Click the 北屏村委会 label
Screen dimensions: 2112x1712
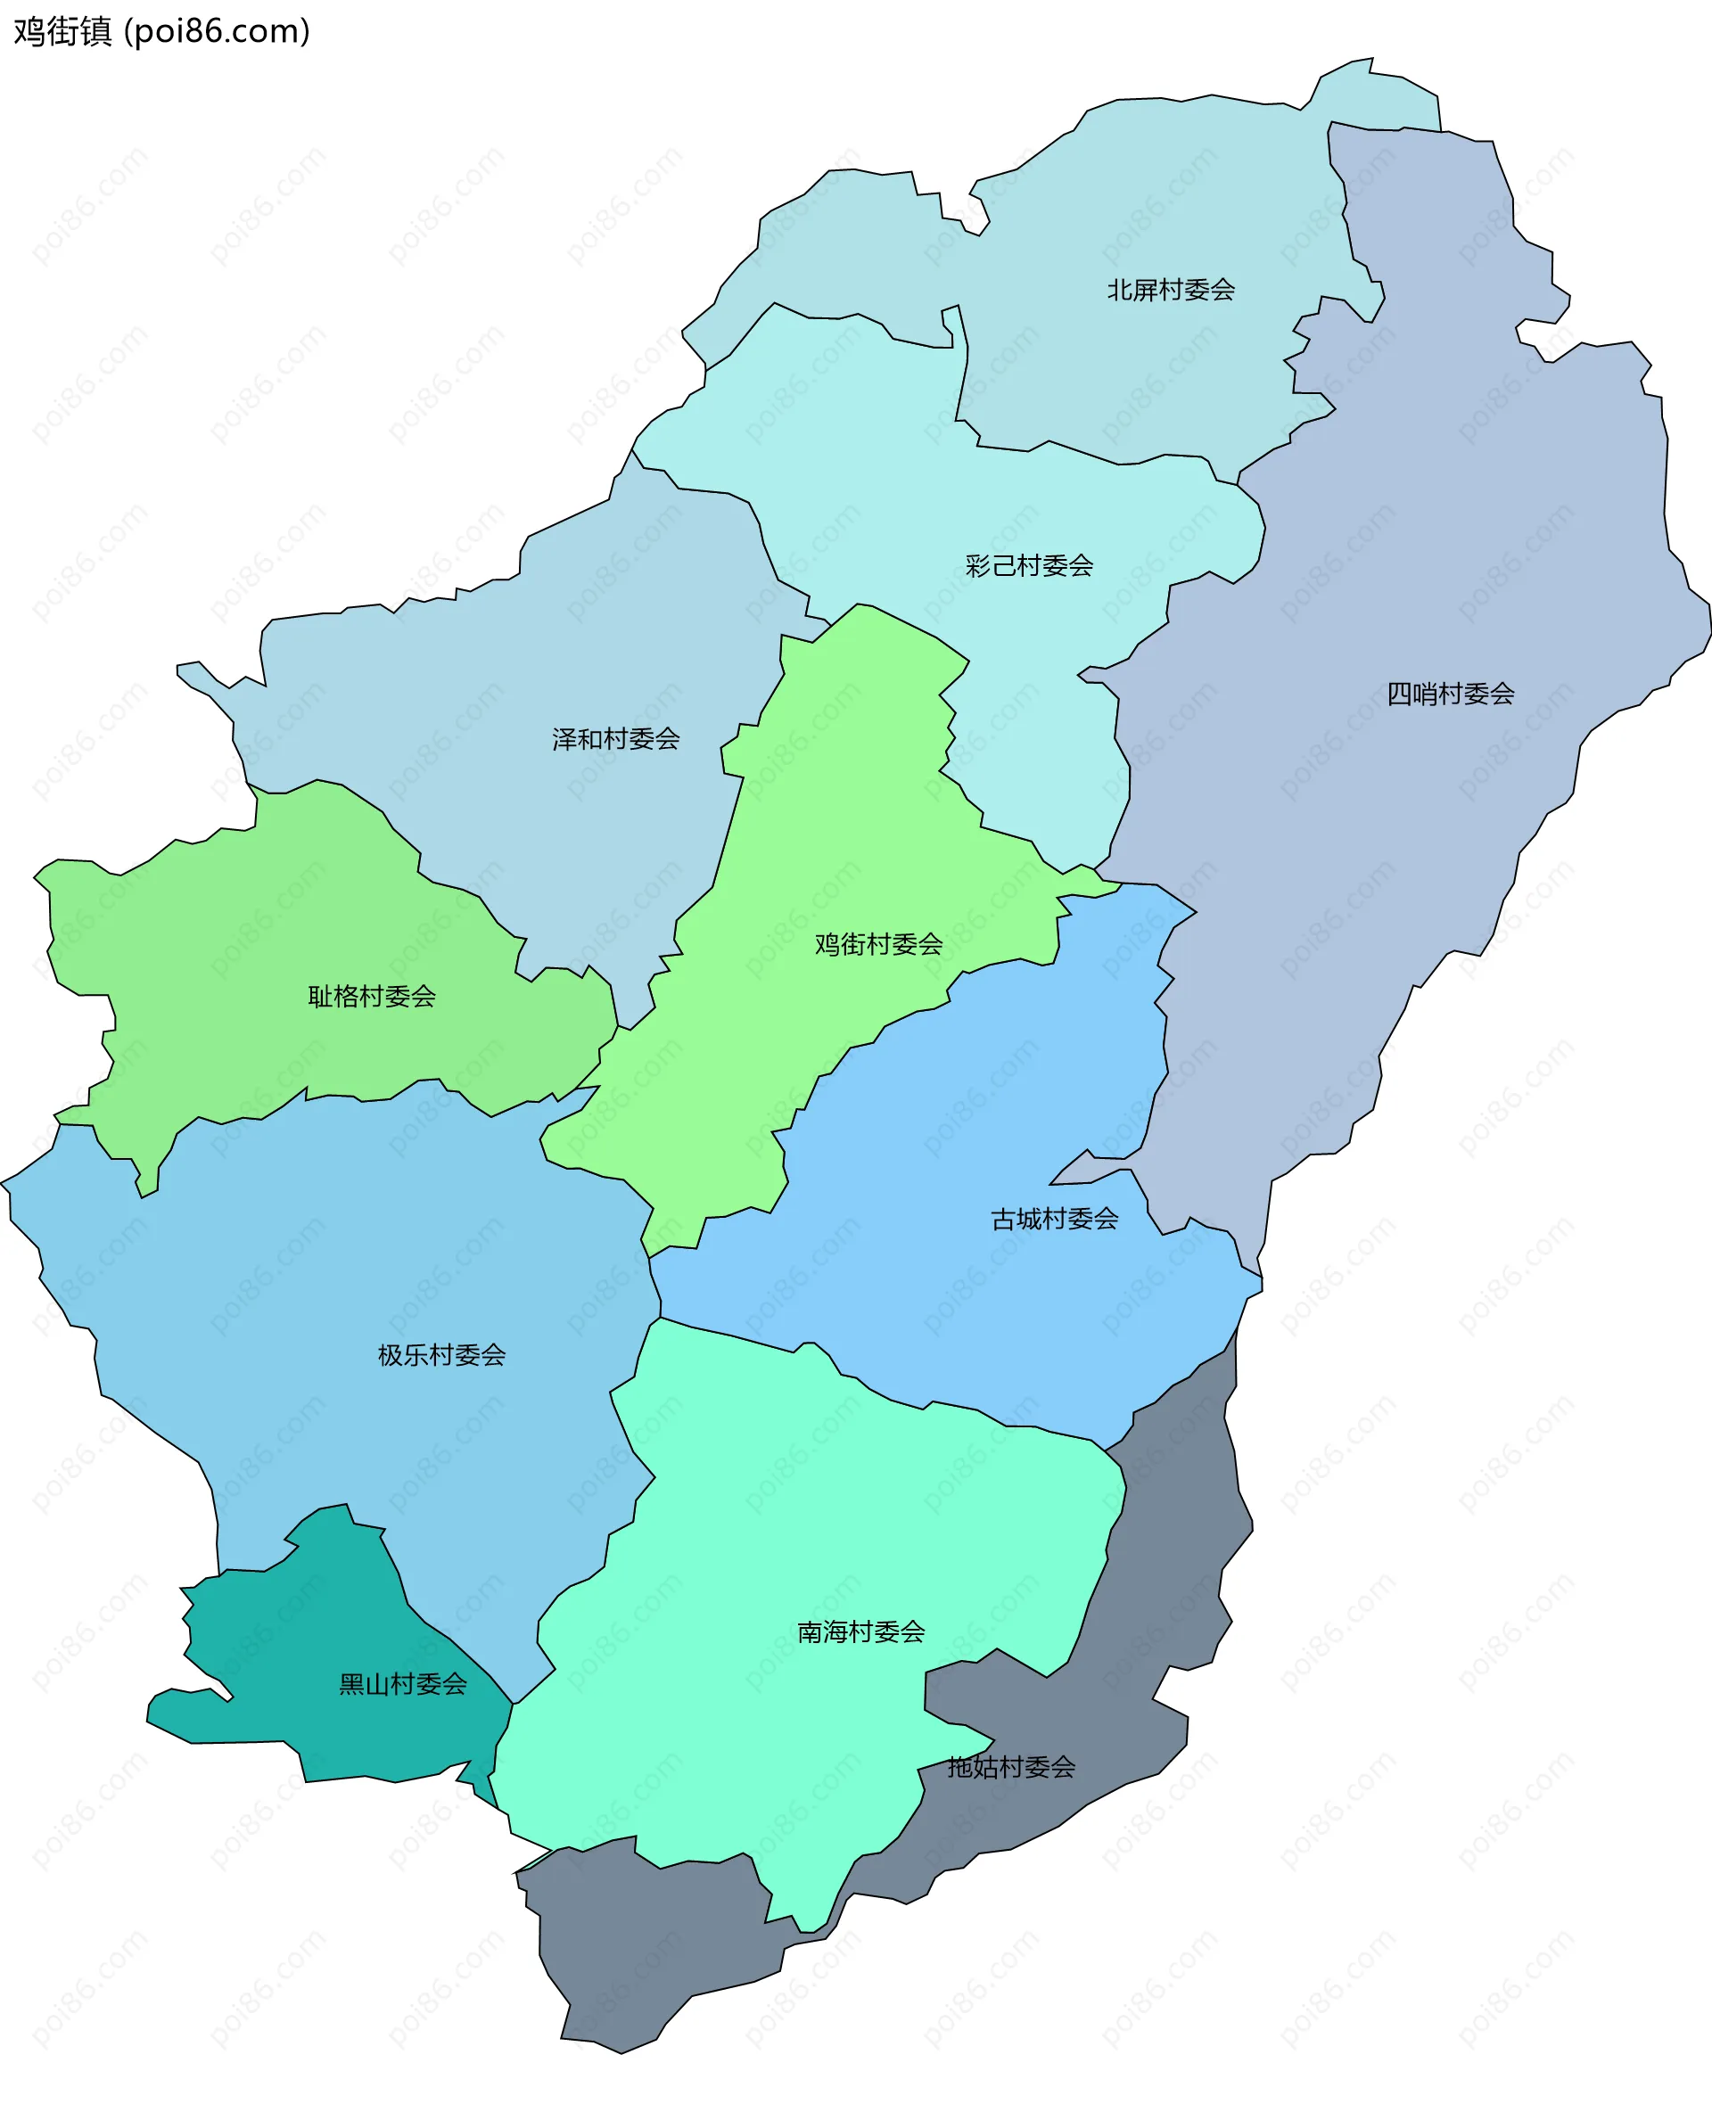point(1171,290)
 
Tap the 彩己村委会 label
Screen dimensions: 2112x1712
point(1029,566)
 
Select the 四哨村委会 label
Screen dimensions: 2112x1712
point(1450,694)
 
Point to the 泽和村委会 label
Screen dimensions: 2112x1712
point(615,739)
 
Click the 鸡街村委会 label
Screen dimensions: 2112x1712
point(877,945)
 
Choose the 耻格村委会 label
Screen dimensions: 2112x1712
point(372,997)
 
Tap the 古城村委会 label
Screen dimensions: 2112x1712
point(1054,1220)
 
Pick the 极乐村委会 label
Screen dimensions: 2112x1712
point(440,1356)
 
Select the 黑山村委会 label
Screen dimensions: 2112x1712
point(402,1685)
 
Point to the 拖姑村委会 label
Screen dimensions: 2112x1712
point(1011,1768)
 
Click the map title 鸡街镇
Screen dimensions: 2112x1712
point(62,31)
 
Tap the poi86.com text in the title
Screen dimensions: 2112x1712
point(218,31)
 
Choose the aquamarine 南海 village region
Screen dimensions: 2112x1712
point(789,1518)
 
